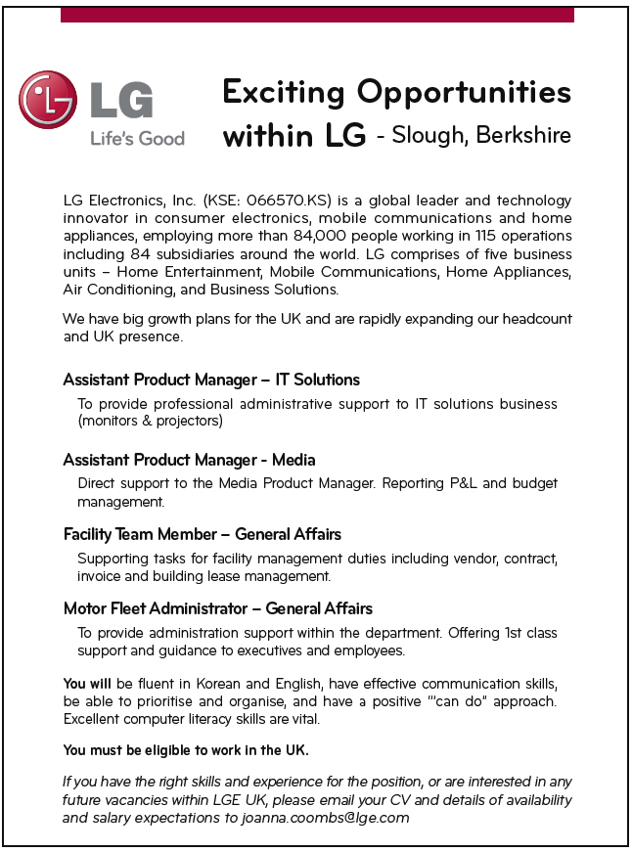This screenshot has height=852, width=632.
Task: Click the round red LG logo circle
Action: pos(48,100)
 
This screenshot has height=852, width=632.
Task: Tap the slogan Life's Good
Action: pos(137,139)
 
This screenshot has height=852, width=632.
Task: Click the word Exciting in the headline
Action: pos(284,93)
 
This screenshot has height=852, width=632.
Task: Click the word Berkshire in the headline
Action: pos(524,135)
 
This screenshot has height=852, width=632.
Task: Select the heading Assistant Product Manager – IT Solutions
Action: pos(211,380)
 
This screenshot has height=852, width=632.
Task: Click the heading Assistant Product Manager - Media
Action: pos(189,460)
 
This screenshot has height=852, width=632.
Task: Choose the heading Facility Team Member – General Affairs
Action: pos(202,534)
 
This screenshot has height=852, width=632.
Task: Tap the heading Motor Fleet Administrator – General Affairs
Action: pos(217,608)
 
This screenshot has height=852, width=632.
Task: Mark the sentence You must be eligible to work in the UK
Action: pos(186,750)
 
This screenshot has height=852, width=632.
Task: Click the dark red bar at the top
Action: pos(317,15)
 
